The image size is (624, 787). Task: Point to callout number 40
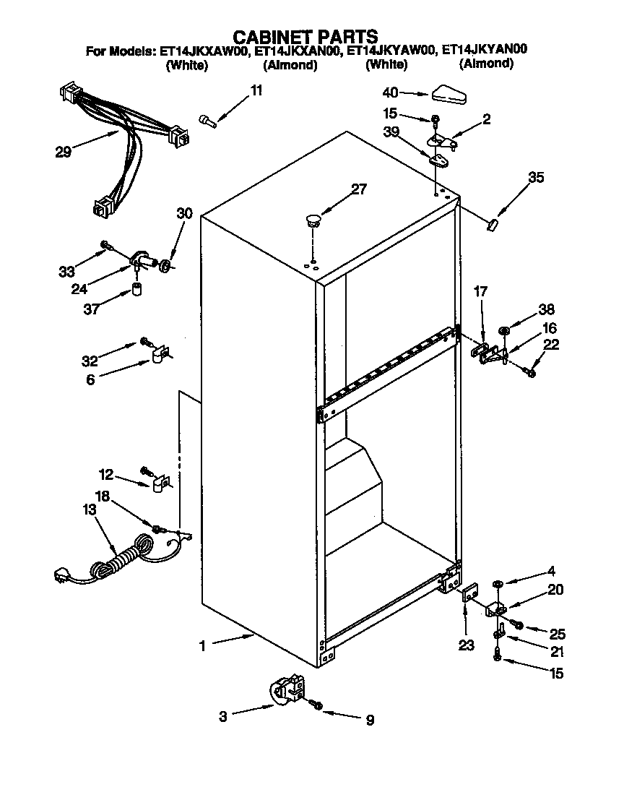[391, 93]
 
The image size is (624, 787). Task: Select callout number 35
[535, 177]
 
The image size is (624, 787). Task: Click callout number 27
[359, 190]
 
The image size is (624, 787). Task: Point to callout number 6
[90, 379]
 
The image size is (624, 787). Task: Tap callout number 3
[223, 717]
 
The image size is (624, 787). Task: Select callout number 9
[370, 720]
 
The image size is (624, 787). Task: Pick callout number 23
[467, 645]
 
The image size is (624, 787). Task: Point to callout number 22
[551, 346]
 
